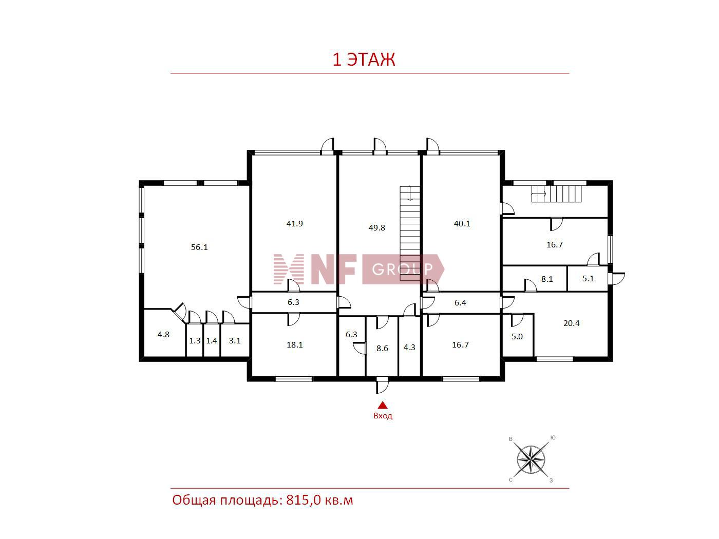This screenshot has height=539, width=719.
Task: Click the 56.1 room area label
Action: (199, 247)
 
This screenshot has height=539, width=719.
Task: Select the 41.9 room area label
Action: (294, 224)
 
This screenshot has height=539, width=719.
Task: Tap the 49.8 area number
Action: (376, 228)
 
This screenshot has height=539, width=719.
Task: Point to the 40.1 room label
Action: (462, 224)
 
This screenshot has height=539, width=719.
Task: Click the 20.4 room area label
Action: (571, 323)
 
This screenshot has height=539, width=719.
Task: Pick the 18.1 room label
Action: (294, 345)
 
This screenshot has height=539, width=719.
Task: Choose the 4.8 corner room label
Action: (163, 335)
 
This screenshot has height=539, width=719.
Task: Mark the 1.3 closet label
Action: (195, 341)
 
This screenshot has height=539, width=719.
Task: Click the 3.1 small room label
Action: (235, 341)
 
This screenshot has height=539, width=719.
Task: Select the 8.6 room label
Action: (382, 348)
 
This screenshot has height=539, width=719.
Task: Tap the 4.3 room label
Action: (409, 347)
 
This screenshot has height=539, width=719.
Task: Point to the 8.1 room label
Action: (547, 279)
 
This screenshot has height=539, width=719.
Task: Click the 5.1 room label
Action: (588, 279)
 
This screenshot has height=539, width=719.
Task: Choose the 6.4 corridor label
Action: (460, 303)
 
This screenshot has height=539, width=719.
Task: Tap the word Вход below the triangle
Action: (383, 416)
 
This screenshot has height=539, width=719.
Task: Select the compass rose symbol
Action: (531, 459)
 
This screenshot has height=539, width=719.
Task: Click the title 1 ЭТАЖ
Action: (364, 60)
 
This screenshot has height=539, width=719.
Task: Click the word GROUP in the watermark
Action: (403, 269)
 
